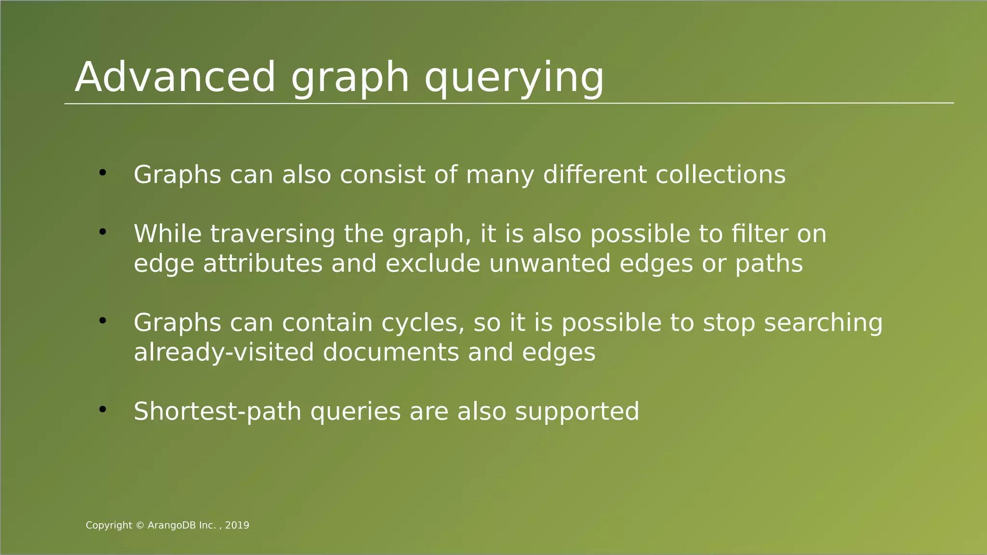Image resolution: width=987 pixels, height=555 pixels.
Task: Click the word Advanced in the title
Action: [x=175, y=77]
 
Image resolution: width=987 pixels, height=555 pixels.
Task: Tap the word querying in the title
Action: [x=514, y=78]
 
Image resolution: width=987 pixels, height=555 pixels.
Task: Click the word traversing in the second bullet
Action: [x=273, y=234]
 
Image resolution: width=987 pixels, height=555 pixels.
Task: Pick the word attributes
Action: [x=263, y=264]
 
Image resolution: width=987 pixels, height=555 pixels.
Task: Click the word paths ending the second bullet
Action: [x=769, y=264]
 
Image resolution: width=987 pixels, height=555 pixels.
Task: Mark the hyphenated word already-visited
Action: [x=224, y=353]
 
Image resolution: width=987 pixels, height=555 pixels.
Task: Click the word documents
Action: [x=391, y=353]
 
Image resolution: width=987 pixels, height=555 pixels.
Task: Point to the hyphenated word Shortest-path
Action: [x=217, y=412]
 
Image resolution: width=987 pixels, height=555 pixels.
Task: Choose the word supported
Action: [x=577, y=412]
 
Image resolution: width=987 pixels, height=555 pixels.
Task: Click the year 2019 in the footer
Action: [x=237, y=526]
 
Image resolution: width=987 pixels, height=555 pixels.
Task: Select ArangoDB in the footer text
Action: [x=172, y=526]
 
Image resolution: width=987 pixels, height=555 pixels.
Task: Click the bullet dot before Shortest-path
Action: [x=102, y=410]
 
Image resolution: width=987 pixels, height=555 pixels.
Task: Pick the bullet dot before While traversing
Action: [x=102, y=232]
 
